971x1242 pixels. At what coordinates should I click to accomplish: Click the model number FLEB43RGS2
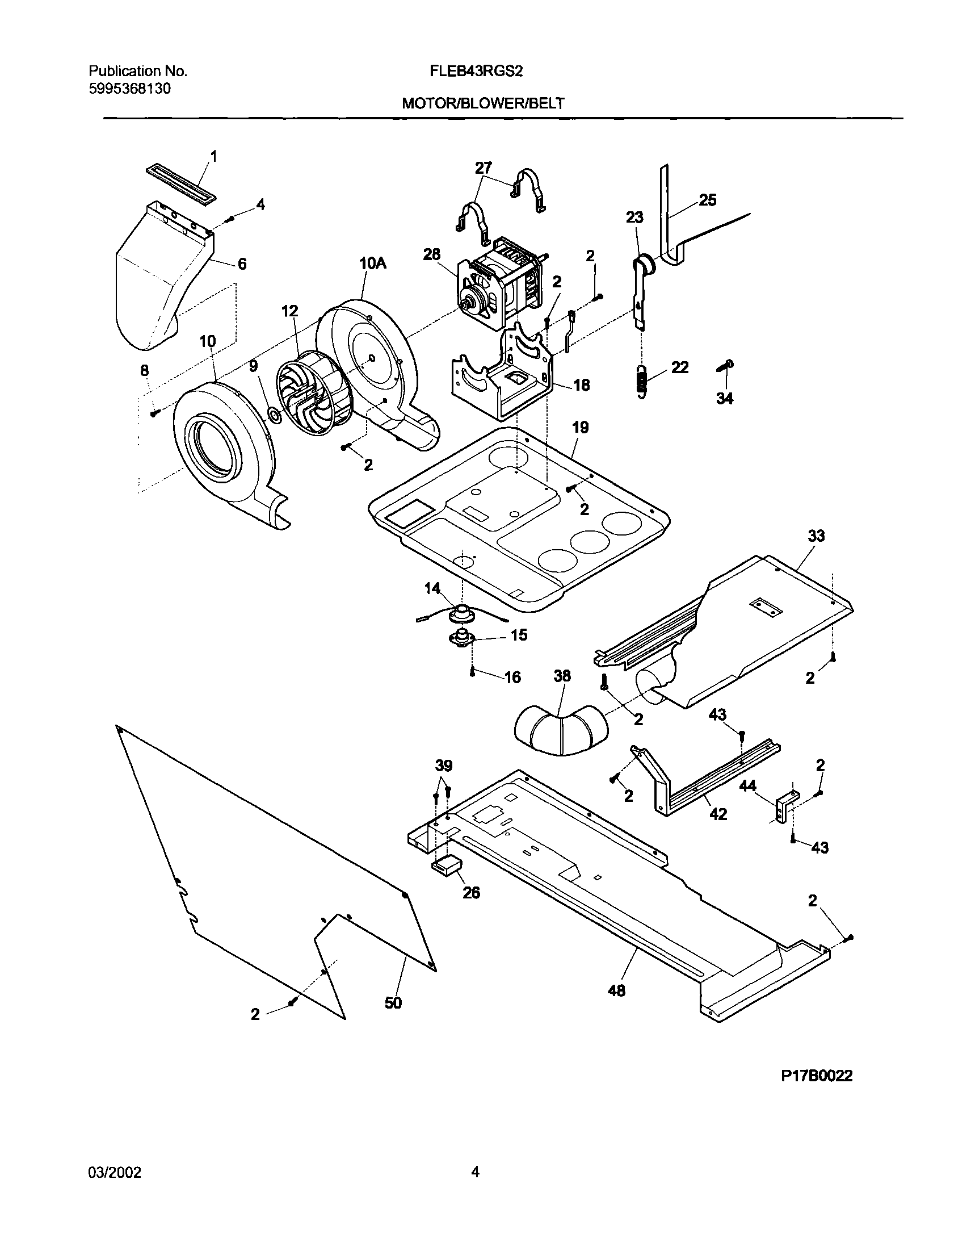[483, 72]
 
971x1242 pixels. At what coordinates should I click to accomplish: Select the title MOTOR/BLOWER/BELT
[483, 103]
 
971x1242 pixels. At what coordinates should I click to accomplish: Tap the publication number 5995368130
[129, 89]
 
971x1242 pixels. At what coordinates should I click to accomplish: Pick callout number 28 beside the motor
[432, 254]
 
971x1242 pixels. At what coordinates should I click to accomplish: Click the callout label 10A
[372, 262]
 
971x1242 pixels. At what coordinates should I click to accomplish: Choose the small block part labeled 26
[447, 866]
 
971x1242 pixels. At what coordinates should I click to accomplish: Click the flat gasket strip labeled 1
[181, 185]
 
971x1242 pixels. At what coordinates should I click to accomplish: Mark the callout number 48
[616, 990]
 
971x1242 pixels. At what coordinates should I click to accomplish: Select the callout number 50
[393, 1002]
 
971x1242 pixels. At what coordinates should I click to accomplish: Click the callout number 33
[816, 536]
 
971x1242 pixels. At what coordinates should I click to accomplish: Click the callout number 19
[580, 427]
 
